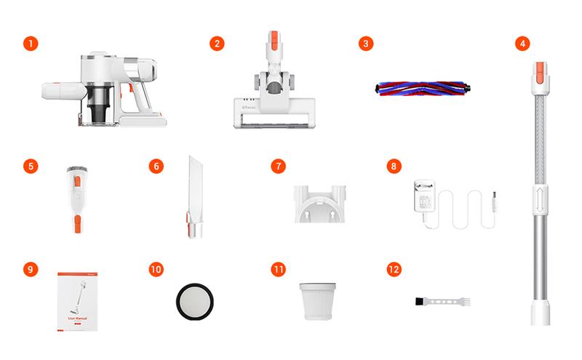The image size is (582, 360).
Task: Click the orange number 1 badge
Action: [x=29, y=44]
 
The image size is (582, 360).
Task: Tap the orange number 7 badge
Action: [x=276, y=166]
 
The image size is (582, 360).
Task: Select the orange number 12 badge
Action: [x=394, y=269]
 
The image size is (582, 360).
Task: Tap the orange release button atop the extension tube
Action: [x=540, y=72]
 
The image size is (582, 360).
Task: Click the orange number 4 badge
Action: [x=522, y=44]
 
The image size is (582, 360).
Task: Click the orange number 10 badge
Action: [x=155, y=269]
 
